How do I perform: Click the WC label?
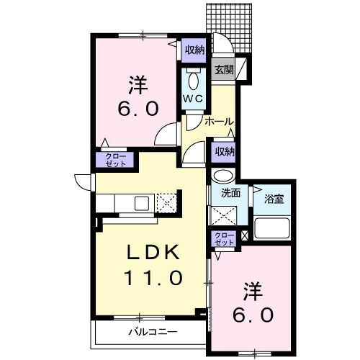coord(194,99)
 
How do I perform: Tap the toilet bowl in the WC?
coord(194,81)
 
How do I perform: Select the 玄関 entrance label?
coord(224,70)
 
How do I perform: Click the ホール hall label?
coord(219,122)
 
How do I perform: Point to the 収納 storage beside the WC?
coord(194,50)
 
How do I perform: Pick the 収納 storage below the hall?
coord(225,152)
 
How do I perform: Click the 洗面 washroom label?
coord(230,193)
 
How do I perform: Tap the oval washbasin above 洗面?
coord(224,176)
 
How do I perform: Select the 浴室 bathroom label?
coord(274,199)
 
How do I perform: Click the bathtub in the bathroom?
coord(272,228)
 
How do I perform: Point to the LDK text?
coord(153,252)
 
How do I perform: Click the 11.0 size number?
coord(153,278)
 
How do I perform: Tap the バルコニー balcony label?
coord(153,332)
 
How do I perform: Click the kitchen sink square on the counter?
coord(142,203)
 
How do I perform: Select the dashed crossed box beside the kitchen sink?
coord(166,203)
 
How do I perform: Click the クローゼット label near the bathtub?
coord(225,238)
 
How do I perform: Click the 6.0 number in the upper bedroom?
coord(138,108)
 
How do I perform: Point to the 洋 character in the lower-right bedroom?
coord(253,292)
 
